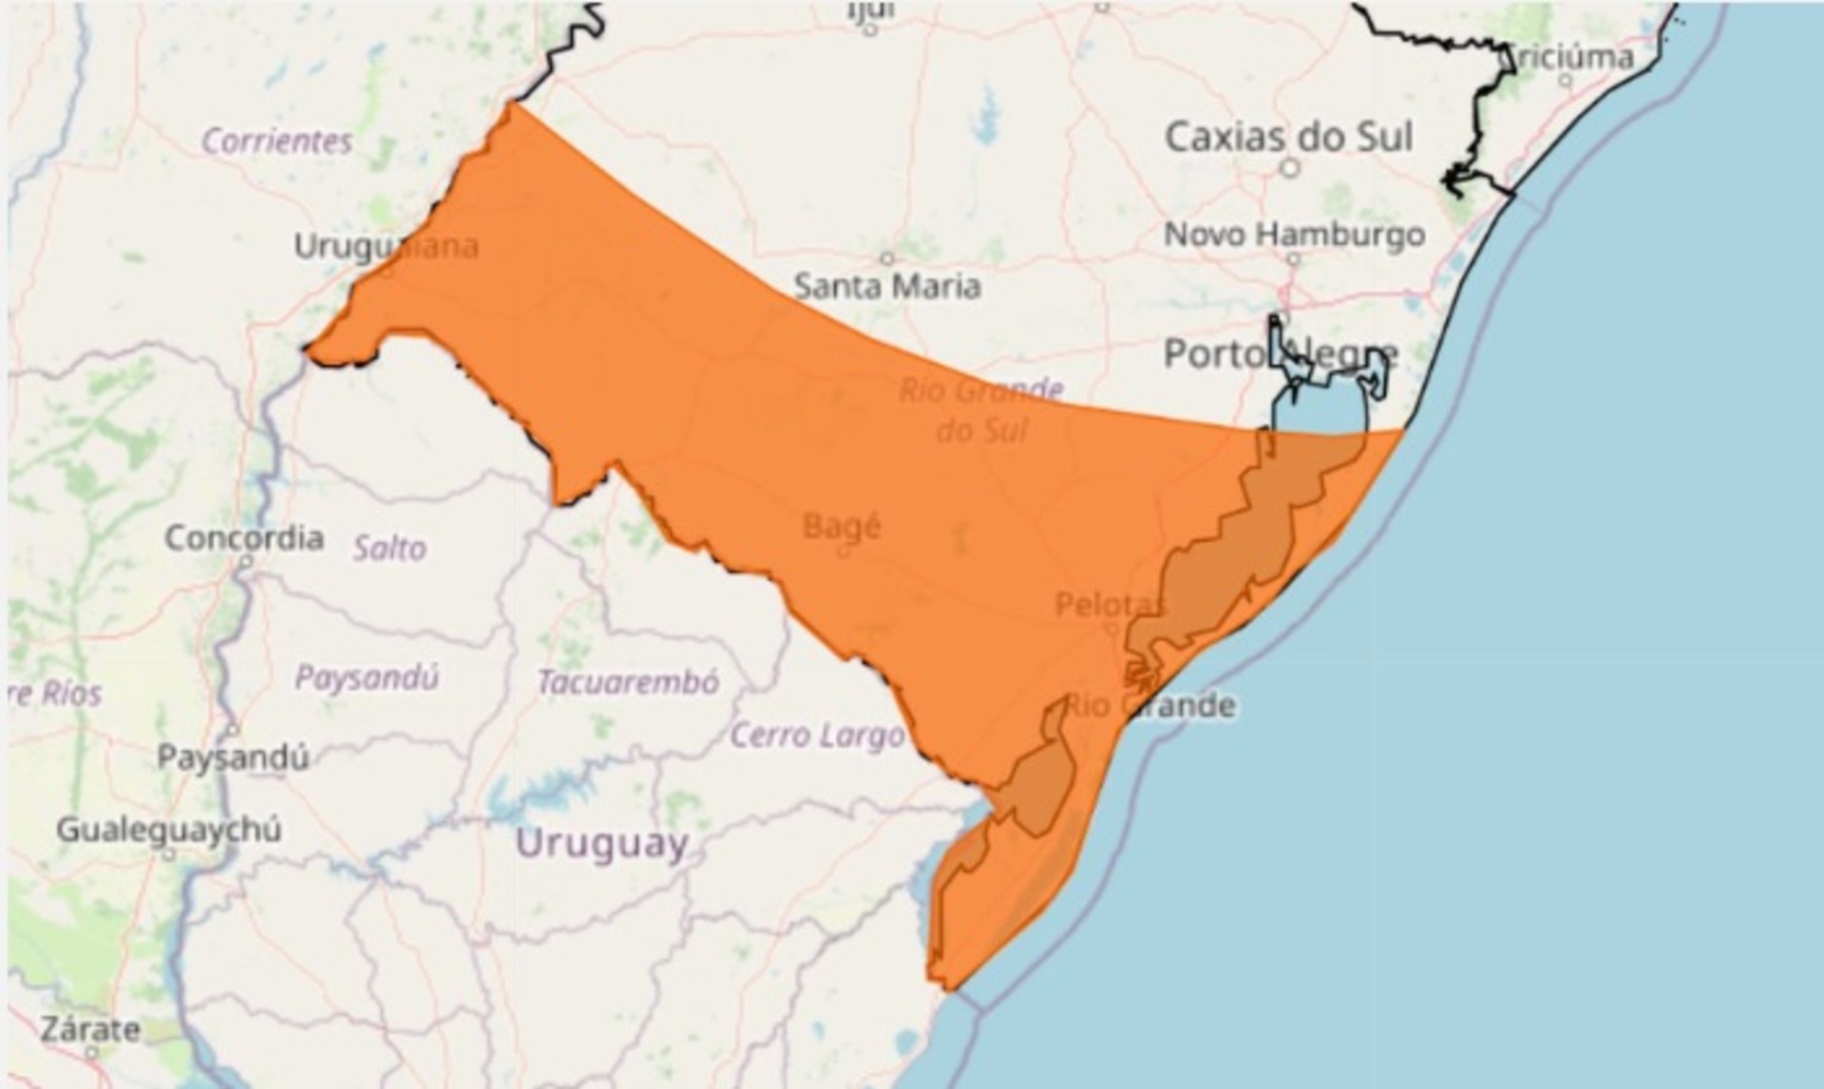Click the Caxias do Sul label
[x=1288, y=137]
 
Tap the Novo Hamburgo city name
[x=1294, y=234]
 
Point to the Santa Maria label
[x=887, y=286]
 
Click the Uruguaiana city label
[x=386, y=247]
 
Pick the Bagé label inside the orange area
[x=842, y=525]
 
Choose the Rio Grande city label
[x=1149, y=705]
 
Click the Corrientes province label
[x=276, y=141]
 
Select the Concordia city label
[x=244, y=537]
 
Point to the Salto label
[x=389, y=548]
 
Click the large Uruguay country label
[x=602, y=843]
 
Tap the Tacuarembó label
[x=628, y=682]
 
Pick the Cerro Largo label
[x=817, y=735]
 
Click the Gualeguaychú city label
[x=169, y=830]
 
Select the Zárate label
[x=90, y=1029]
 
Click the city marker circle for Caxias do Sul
[x=1289, y=168]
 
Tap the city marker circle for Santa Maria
[x=886, y=258]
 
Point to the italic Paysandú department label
[x=367, y=678]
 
